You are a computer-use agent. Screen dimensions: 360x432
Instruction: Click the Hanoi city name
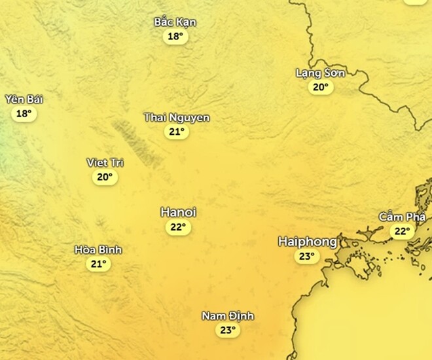pyautogui.click(x=178, y=212)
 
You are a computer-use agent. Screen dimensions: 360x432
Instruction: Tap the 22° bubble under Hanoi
pyautogui.click(x=178, y=227)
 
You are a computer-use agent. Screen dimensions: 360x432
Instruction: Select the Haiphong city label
pyautogui.click(x=307, y=241)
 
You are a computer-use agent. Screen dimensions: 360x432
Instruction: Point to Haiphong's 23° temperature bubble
pyautogui.click(x=307, y=256)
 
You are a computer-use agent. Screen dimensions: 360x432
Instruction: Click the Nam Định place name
pyautogui.click(x=227, y=316)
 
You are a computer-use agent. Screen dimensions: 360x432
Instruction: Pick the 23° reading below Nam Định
pyautogui.click(x=227, y=331)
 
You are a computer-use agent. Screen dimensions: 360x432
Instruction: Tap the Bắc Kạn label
pyautogui.click(x=175, y=22)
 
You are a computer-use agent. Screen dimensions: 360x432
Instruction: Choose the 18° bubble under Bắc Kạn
pyautogui.click(x=175, y=37)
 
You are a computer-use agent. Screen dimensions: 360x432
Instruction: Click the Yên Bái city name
pyautogui.click(x=24, y=99)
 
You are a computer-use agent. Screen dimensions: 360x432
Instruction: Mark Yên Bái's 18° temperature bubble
pyautogui.click(x=24, y=113)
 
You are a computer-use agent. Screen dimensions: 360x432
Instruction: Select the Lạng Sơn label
pyautogui.click(x=320, y=73)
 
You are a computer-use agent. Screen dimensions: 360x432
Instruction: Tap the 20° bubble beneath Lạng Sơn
pyautogui.click(x=320, y=87)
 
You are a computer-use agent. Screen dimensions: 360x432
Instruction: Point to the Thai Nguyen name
pyautogui.click(x=177, y=117)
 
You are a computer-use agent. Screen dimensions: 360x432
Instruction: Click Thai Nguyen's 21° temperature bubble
pyautogui.click(x=177, y=132)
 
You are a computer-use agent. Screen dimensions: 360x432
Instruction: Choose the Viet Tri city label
pyautogui.click(x=105, y=162)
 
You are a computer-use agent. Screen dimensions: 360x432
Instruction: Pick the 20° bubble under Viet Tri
pyautogui.click(x=105, y=177)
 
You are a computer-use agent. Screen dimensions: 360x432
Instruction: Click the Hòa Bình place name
pyautogui.click(x=98, y=249)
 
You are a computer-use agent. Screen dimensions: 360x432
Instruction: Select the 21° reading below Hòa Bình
pyautogui.click(x=98, y=264)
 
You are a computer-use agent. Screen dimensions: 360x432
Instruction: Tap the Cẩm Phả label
pyautogui.click(x=402, y=217)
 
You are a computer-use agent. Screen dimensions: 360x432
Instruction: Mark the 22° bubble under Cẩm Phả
pyautogui.click(x=401, y=231)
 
